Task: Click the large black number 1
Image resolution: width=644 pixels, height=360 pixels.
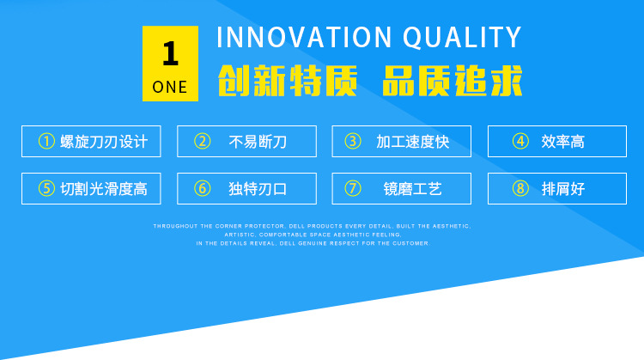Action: [171, 53]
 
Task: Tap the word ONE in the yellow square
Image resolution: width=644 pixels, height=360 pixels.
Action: [170, 87]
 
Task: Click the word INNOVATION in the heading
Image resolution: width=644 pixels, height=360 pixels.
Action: [304, 38]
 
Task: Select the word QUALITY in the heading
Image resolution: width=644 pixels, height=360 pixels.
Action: [462, 38]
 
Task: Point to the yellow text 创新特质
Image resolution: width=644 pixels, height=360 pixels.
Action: [288, 81]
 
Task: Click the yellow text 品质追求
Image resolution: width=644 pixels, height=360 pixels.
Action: [453, 81]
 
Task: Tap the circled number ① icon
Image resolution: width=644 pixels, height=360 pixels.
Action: [46, 142]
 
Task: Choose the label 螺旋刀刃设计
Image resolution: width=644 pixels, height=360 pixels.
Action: [104, 142]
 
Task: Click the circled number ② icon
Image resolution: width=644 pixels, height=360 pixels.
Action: [202, 142]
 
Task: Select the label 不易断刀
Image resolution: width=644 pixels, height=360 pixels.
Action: [258, 142]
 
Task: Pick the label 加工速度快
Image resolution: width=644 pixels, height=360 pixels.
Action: [413, 142]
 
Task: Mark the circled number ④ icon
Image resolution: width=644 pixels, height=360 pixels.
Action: [520, 142]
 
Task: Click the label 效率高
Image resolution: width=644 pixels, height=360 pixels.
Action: [562, 142]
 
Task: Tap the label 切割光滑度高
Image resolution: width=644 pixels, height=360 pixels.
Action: [104, 189]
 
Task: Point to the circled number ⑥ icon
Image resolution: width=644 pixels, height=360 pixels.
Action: [202, 189]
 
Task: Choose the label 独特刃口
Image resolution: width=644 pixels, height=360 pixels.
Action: [258, 189]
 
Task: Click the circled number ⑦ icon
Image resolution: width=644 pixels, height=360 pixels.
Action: [352, 189]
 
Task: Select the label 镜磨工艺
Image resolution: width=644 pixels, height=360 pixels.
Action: [413, 189]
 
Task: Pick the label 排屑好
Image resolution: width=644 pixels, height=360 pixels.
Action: [562, 189]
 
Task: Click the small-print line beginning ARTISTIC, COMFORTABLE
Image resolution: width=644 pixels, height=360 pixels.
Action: [313, 235]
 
